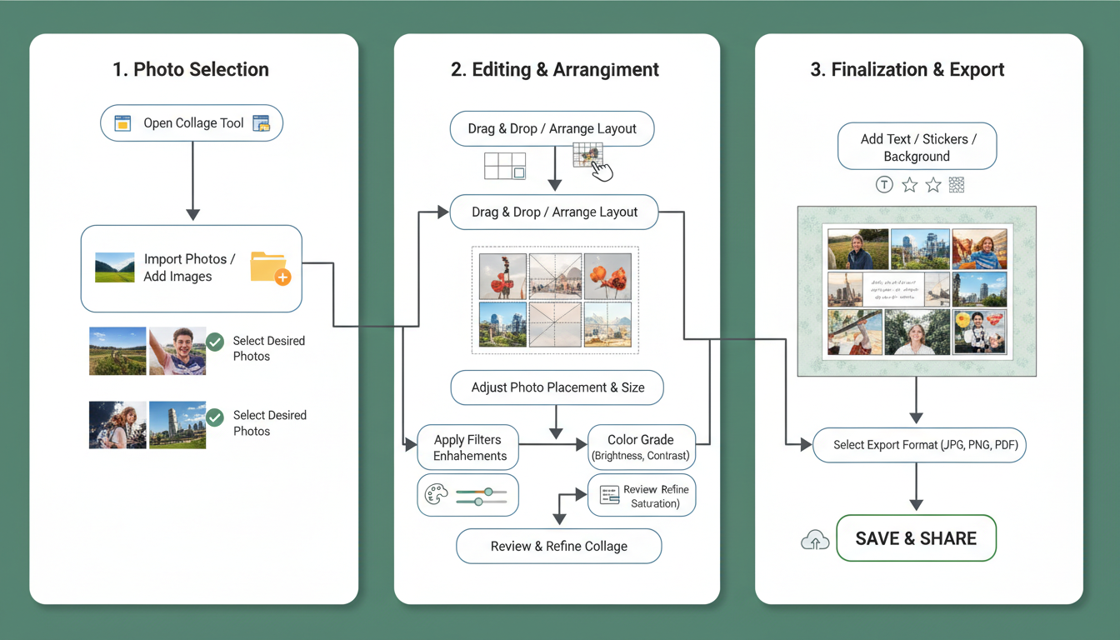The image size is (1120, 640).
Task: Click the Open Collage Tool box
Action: click(192, 123)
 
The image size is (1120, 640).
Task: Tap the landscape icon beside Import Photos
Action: click(115, 267)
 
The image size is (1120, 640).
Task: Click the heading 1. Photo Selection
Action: click(191, 70)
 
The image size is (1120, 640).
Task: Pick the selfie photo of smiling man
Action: click(177, 351)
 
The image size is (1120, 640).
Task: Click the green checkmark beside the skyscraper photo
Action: click(215, 417)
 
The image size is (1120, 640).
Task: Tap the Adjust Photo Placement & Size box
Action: click(557, 387)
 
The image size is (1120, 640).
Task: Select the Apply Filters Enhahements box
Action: click(469, 447)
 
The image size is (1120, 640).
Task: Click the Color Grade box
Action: click(641, 447)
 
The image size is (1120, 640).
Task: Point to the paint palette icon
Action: click(436, 495)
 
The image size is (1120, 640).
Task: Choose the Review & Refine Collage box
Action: click(558, 547)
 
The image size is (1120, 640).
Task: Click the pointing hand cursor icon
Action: click(601, 170)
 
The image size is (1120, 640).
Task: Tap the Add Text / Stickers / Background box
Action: click(917, 147)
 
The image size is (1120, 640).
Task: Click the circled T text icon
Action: click(884, 185)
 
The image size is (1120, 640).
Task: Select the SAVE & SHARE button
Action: click(916, 538)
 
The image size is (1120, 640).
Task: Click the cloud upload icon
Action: click(814, 541)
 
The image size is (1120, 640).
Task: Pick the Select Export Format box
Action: click(919, 445)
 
